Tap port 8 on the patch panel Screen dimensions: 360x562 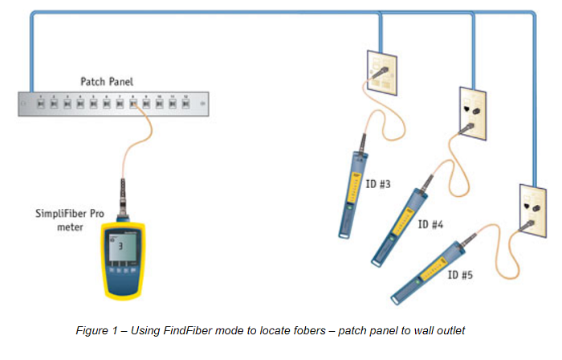pos(132,104)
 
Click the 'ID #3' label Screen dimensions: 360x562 pos(377,185)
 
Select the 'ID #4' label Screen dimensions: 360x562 pos(430,224)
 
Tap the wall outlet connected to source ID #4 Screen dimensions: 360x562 pos(470,109)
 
